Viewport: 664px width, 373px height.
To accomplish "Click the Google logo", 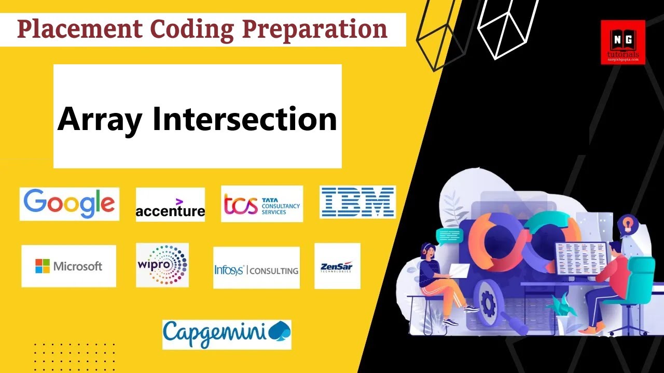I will point(69,204).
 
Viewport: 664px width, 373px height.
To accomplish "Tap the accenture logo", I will point(170,205).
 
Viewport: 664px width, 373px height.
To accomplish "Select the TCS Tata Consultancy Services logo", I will point(261,204).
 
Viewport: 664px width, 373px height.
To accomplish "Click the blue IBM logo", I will point(357,202).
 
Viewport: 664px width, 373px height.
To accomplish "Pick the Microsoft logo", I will point(68,266).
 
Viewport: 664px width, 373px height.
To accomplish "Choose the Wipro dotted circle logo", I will point(162,265).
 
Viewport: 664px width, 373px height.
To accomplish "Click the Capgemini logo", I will point(227,334).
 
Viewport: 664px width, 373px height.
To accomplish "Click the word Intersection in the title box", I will point(244,119).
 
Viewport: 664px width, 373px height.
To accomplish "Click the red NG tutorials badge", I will point(622,42).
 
